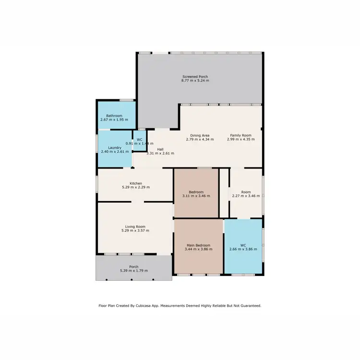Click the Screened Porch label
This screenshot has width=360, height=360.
pos(195,77)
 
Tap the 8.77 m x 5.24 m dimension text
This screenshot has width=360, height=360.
pos(195,81)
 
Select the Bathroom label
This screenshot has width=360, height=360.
pos(114,116)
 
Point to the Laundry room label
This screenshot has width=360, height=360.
pos(114,147)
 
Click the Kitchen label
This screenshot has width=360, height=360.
pos(135,183)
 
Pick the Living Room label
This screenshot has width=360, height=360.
pos(135,227)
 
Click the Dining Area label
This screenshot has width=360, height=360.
pos(200,135)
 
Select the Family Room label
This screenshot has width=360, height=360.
pos(240,135)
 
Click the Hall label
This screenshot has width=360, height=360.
pos(160,149)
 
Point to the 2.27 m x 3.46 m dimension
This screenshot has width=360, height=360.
pos(246,196)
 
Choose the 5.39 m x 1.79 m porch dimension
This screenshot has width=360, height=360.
pos(134,271)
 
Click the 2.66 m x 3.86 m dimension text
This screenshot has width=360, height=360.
pos(243,250)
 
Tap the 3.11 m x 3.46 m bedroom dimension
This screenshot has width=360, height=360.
pos(196,196)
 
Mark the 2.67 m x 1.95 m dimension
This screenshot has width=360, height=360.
pos(114,120)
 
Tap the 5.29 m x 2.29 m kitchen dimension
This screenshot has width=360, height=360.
pos(135,187)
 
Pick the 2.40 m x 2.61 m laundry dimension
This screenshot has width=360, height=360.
pos(114,152)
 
